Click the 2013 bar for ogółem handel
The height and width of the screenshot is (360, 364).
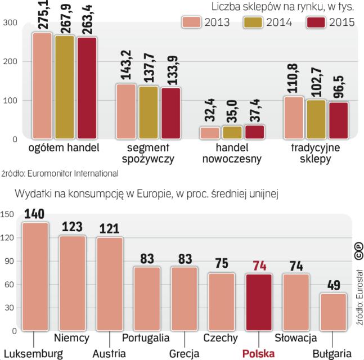pyautogui.click(x=42, y=85)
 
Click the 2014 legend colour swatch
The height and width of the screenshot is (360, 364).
pyautogui.click(x=254, y=22)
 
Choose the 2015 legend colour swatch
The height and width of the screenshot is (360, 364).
pyautogui.click(x=316, y=22)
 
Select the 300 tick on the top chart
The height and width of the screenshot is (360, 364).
pyautogui.click(x=10, y=22)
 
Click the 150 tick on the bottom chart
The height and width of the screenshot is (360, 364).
pyautogui.click(x=7, y=214)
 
